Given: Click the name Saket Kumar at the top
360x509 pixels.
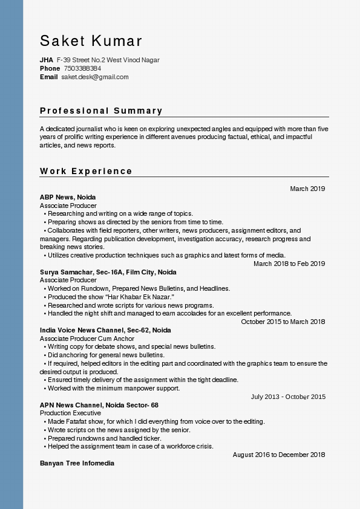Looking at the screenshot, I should pyautogui.click(x=91, y=41).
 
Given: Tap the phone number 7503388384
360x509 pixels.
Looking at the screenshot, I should pyautogui.click(x=82, y=68).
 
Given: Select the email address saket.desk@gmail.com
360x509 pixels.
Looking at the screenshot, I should pyautogui.click(x=95, y=77).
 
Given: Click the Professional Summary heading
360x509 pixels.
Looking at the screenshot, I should pyautogui.click(x=101, y=111).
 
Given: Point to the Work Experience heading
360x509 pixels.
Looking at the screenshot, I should pyautogui.click(x=86, y=171).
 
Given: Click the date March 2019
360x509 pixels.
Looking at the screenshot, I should pyautogui.click(x=307, y=189).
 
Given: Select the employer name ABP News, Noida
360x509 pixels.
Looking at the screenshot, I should pyautogui.click(x=68, y=197).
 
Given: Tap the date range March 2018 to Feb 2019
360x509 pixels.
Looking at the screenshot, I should pyautogui.click(x=289, y=264).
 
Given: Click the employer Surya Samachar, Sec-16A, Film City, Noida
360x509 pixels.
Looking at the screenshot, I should pyautogui.click(x=108, y=272).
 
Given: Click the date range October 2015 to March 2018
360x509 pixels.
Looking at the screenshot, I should pyautogui.click(x=283, y=322).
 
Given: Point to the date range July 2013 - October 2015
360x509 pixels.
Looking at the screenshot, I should pyautogui.click(x=288, y=397).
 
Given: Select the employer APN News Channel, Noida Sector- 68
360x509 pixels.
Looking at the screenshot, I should pyautogui.click(x=99, y=405).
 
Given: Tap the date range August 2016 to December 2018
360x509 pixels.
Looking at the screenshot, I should pyautogui.click(x=279, y=455).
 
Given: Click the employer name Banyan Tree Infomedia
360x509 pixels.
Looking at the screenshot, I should pyautogui.click(x=77, y=463).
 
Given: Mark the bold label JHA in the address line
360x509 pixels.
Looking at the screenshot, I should pyautogui.click(x=47, y=60).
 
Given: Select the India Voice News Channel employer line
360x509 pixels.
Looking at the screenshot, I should pyautogui.click(x=105, y=330).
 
